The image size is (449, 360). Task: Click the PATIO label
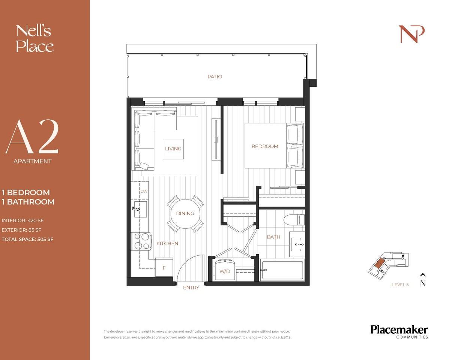pos(215,76)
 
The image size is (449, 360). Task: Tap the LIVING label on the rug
pos(173,148)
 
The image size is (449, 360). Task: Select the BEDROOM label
pos(265,146)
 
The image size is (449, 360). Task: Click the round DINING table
pos(185,213)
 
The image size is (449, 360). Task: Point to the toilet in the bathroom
pos(294,220)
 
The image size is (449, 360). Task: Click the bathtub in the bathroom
pos(282,270)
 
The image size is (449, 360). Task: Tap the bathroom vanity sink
pos(299,244)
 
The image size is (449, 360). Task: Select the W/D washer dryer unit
pos(225,270)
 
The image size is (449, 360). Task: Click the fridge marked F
pos(164,268)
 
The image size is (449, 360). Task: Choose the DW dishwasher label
pos(144,191)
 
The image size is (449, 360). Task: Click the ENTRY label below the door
pos(191,288)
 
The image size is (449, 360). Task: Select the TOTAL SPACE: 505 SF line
pos(27,239)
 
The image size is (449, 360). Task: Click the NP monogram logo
pos(411,34)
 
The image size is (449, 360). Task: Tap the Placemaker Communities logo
pos(399,332)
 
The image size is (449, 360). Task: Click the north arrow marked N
pos(423,280)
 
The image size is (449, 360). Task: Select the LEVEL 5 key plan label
pos(400,285)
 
